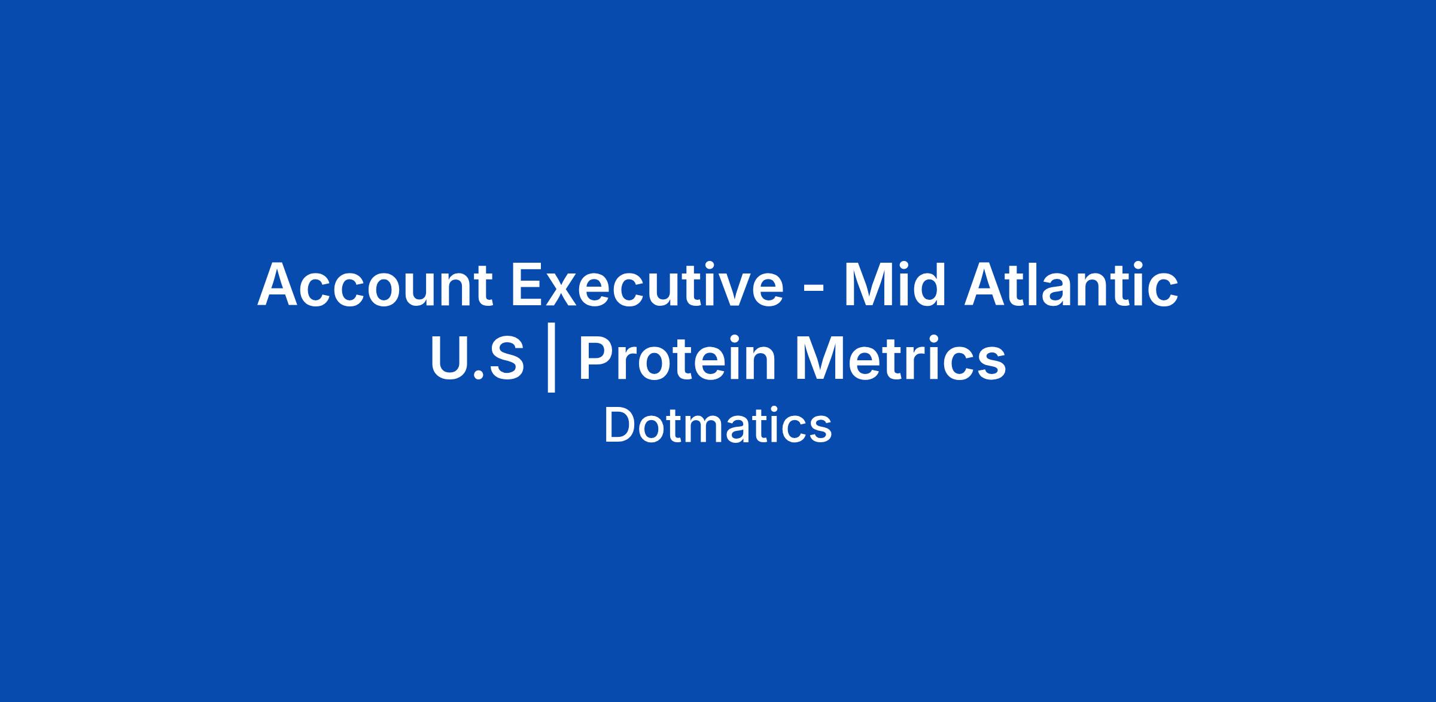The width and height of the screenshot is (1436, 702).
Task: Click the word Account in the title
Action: pyautogui.click(x=375, y=285)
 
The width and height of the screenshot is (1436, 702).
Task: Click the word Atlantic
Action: pyautogui.click(x=1072, y=285)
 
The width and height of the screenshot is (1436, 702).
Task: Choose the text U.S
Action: pyautogui.click(x=477, y=358)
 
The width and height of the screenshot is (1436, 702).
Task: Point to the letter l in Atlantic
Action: pyautogui.click(x=1037, y=285)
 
